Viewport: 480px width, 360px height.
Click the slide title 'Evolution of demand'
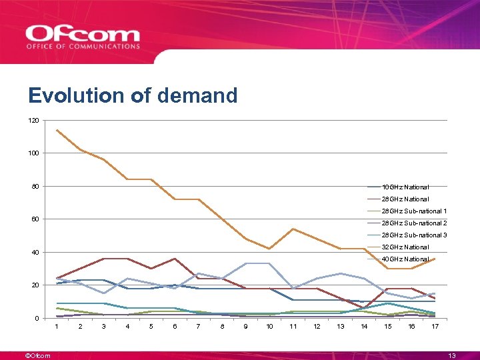[133, 96]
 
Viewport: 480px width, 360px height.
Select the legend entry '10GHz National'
[405, 187]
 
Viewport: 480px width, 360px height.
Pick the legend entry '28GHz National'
[405, 199]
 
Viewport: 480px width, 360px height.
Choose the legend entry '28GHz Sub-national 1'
[414, 211]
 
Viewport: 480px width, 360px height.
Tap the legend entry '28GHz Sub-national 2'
[414, 223]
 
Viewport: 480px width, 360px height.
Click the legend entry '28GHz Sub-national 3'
[414, 235]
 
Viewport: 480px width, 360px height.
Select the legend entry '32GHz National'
[405, 247]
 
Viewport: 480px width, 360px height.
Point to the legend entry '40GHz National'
[405, 259]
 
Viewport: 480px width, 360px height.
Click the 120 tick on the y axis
[34, 121]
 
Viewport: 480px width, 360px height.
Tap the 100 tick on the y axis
[34, 153]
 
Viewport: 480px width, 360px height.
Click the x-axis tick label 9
[246, 326]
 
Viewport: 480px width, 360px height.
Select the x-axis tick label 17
[435, 326]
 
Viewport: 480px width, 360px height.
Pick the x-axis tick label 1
[57, 326]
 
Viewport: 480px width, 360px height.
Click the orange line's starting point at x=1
[57, 130]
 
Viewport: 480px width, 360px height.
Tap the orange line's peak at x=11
[293, 229]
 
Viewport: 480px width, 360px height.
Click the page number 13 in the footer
[452, 355]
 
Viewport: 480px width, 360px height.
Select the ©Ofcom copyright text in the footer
[37, 355]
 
